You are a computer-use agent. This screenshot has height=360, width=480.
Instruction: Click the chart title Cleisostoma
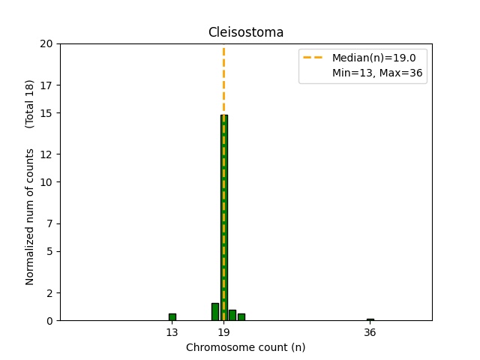tap(245, 32)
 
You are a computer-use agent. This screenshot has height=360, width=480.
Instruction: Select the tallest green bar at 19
tap(223, 217)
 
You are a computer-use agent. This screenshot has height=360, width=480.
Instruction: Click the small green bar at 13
tap(172, 317)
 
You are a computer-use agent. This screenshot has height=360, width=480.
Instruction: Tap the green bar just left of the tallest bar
tap(215, 312)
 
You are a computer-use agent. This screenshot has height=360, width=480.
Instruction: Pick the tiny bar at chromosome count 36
tap(370, 319)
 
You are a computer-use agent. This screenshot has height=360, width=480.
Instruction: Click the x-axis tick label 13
tap(172, 332)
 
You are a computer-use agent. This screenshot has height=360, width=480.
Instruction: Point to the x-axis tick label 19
tap(223, 332)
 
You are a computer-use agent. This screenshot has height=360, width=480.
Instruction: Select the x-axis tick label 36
tap(370, 332)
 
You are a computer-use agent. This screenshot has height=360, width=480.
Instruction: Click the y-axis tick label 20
tap(46, 43)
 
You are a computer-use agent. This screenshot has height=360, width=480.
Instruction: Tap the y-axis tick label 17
tap(46, 85)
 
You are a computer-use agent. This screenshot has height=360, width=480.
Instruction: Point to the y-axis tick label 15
tap(46, 112)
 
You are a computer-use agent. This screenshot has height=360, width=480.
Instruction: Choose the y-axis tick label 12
tap(46, 154)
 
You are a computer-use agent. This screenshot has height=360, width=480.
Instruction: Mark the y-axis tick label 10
tap(46, 182)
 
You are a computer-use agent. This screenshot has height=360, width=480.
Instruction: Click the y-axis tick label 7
tap(49, 223)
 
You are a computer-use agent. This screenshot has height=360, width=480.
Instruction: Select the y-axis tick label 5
tap(49, 251)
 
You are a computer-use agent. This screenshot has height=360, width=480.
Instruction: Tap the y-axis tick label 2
tap(49, 293)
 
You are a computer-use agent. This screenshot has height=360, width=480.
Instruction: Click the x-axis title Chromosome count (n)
tap(245, 347)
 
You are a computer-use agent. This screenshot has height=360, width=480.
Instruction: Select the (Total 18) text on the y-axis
tap(30, 103)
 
